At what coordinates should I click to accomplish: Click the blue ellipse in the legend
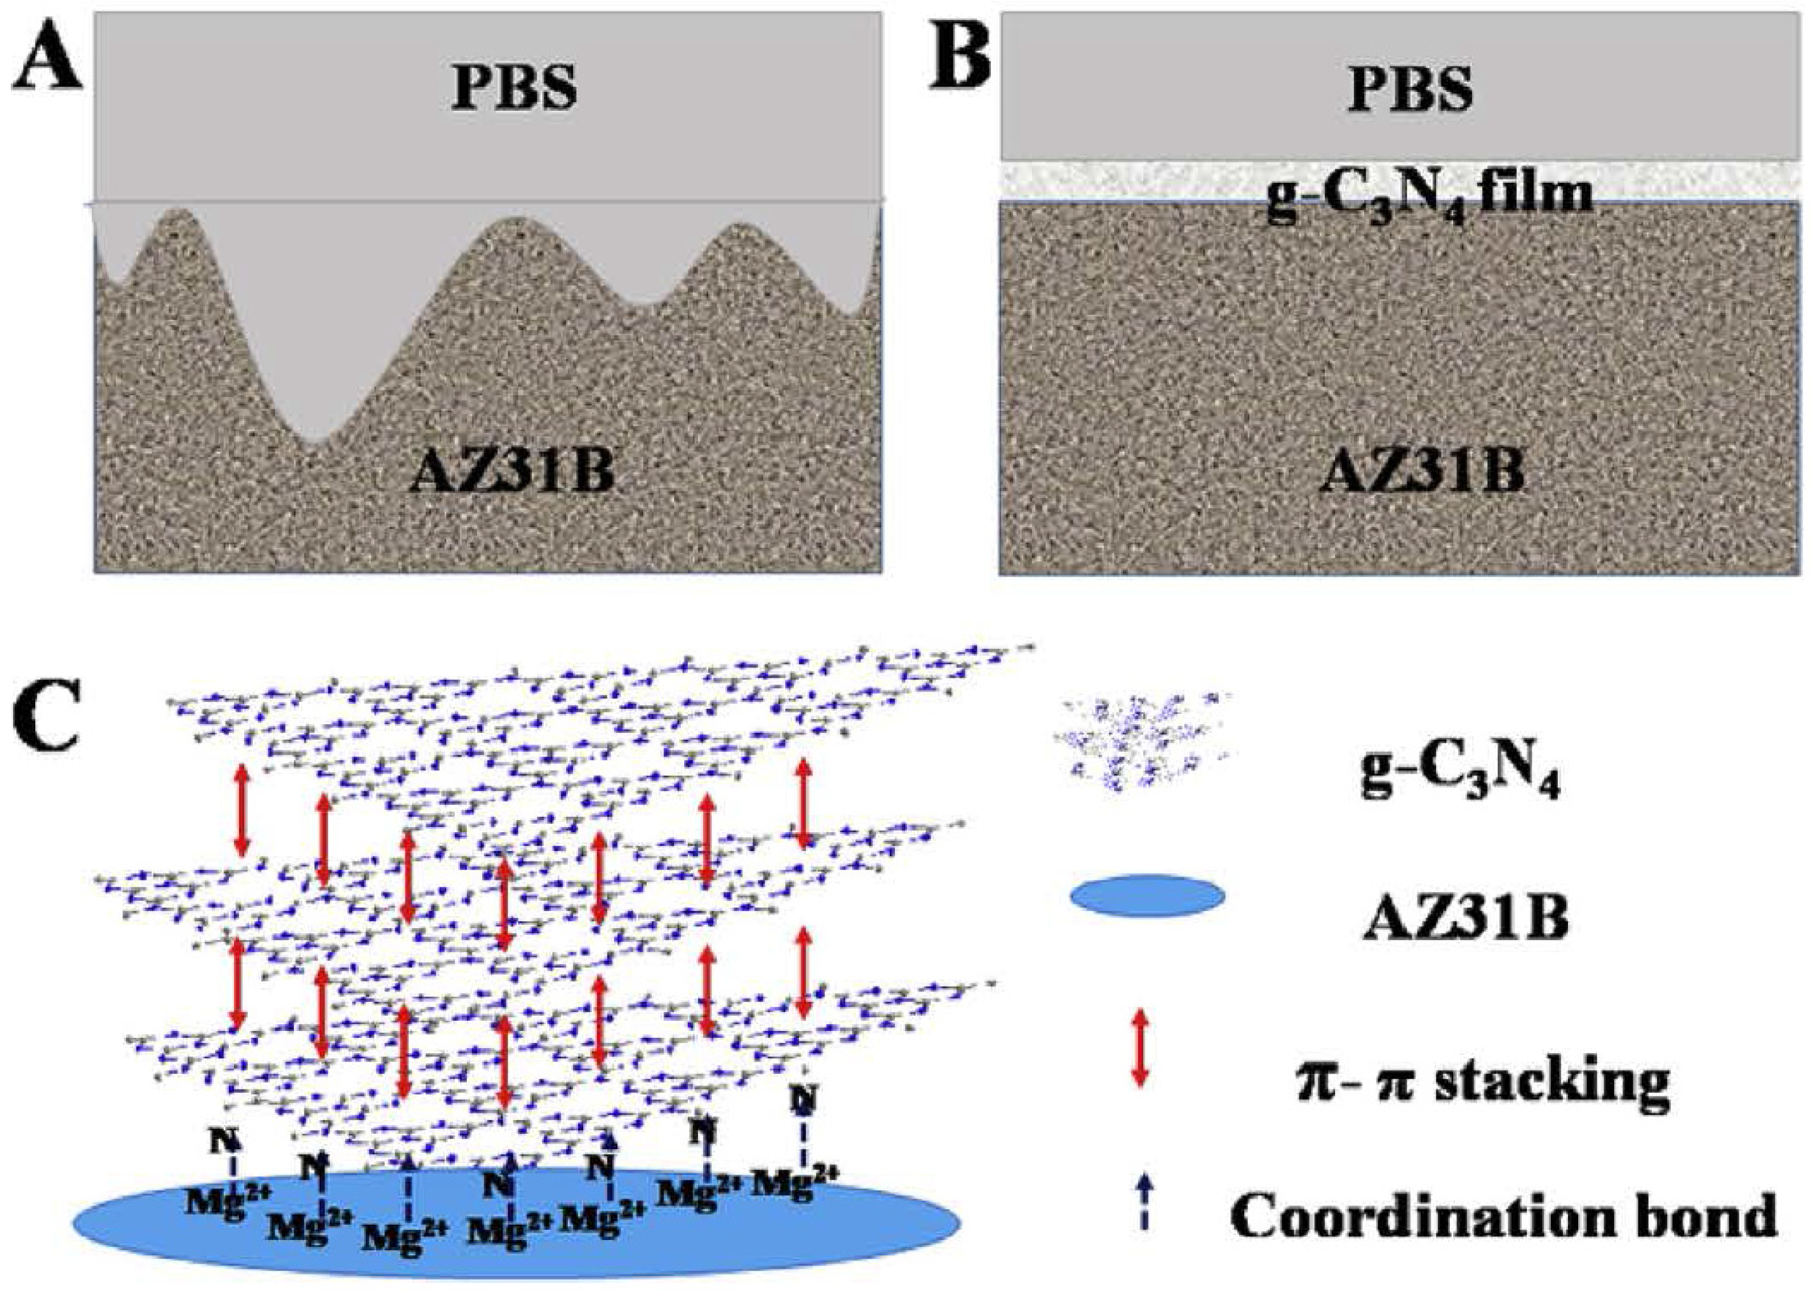tap(1147, 896)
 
